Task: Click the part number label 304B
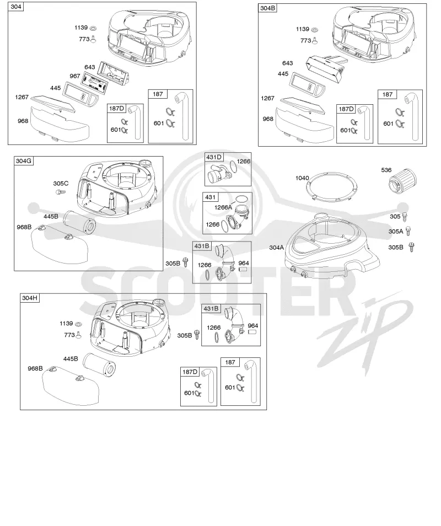[268, 8]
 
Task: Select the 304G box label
[24, 161]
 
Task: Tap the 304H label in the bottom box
[30, 298]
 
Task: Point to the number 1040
[302, 178]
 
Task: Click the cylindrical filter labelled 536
[402, 182]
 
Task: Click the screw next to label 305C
[60, 192]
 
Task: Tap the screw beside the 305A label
[408, 231]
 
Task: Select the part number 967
[75, 76]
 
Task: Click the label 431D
[214, 157]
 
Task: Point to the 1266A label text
[223, 207]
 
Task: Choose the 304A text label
[276, 248]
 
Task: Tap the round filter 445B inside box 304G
[79, 222]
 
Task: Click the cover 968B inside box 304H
[71, 385]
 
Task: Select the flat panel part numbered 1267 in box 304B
[302, 105]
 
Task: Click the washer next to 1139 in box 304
[94, 28]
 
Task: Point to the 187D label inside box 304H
[190, 372]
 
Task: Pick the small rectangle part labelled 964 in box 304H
[252, 332]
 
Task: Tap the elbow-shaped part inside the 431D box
[218, 173]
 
